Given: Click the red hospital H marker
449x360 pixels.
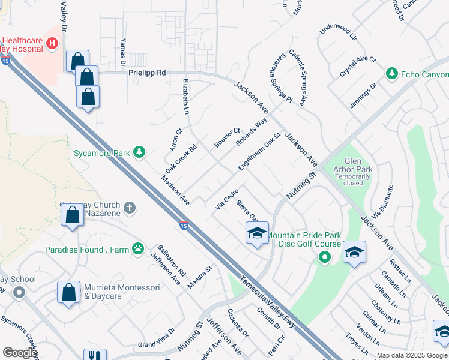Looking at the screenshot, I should tap(52, 44).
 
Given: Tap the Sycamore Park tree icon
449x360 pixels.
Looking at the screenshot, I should tap(139, 152).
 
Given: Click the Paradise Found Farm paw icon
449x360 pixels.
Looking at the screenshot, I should tap(139, 247).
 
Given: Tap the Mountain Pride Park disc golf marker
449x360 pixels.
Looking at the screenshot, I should tap(325, 259).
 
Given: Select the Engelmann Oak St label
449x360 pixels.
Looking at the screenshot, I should tap(259, 152).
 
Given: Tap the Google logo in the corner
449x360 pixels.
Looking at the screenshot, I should tap(20, 353).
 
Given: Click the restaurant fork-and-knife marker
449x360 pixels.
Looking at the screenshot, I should tap(95, 356).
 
